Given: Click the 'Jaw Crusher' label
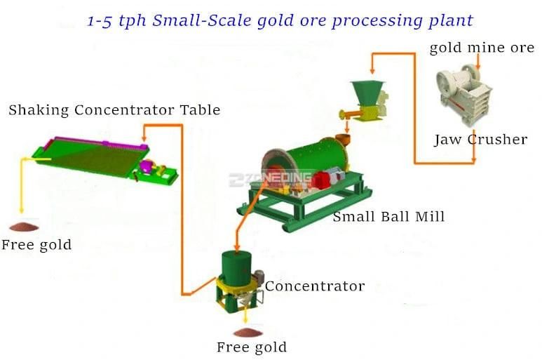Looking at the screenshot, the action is click(x=480, y=140).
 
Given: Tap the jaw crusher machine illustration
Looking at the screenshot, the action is click(x=463, y=94).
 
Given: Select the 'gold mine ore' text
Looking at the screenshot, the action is click(x=482, y=48).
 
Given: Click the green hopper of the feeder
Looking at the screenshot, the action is click(x=367, y=93).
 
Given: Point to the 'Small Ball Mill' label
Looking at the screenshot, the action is click(x=388, y=217).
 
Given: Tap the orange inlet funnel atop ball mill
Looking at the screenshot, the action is click(x=344, y=139).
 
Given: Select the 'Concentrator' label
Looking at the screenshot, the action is click(x=315, y=286).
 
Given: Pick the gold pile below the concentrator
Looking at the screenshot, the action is click(x=248, y=333).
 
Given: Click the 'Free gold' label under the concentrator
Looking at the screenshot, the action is click(x=252, y=347).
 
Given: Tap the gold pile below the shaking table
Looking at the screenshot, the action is click(x=24, y=227).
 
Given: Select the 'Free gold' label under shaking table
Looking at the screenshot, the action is click(x=36, y=245).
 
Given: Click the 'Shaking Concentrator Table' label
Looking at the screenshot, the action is click(x=114, y=110).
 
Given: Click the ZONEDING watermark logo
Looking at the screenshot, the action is click(x=270, y=180).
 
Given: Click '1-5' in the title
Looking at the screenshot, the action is click(x=100, y=21).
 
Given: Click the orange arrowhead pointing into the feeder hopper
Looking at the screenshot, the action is click(x=372, y=71).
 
